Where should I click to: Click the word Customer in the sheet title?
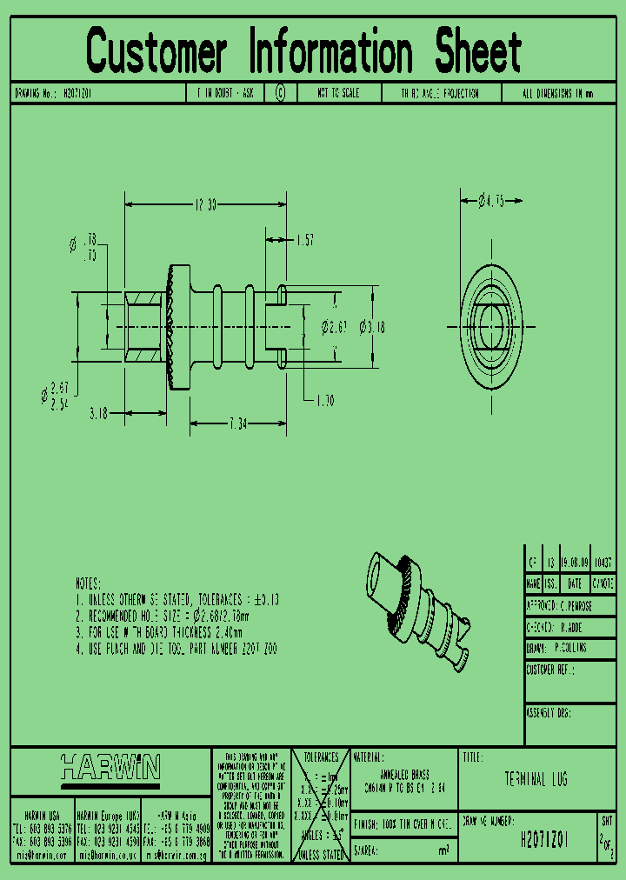pyautogui.click(x=157, y=51)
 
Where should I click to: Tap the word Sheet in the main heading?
pyautogui.click(x=478, y=51)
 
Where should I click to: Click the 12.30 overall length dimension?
pyautogui.click(x=204, y=204)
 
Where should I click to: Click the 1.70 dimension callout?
pyautogui.click(x=323, y=400)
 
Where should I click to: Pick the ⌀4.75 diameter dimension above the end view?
pyautogui.click(x=492, y=202)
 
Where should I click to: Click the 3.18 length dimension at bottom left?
pyautogui.click(x=98, y=415)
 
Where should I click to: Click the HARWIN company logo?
pyautogui.click(x=110, y=768)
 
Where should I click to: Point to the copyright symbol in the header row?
pyautogui.click(x=280, y=93)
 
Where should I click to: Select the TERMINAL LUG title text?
pyautogui.click(x=536, y=779)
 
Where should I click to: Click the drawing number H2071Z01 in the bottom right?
pyautogui.click(x=544, y=840)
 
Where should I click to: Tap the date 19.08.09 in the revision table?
pyautogui.click(x=575, y=563)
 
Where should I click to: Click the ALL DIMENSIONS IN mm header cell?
pyautogui.click(x=557, y=93)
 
